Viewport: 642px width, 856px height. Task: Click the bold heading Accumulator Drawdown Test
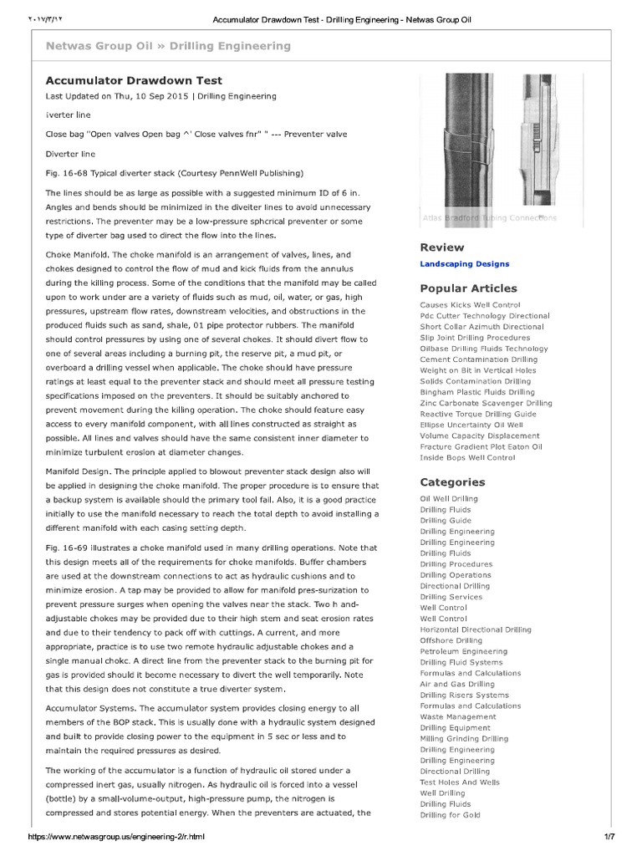tap(133, 81)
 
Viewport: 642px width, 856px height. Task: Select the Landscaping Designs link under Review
tap(464, 264)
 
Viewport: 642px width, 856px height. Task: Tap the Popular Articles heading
tap(468, 288)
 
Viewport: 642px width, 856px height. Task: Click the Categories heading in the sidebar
tap(452, 482)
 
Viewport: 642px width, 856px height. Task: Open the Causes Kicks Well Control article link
tap(470, 305)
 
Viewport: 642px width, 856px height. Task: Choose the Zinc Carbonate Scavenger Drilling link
tap(486, 403)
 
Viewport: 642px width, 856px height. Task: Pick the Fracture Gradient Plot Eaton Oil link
tap(481, 446)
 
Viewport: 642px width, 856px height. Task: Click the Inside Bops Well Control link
tap(467, 457)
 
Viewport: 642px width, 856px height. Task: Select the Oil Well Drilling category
tap(449, 499)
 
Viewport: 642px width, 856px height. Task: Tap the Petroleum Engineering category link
tap(463, 651)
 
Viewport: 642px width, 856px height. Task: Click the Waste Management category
tap(457, 716)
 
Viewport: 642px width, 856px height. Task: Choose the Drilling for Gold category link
tap(451, 815)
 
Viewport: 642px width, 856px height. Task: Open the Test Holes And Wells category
tap(460, 782)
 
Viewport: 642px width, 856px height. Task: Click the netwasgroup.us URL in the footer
tap(116, 837)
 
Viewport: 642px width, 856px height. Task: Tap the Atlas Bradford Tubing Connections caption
tap(489, 218)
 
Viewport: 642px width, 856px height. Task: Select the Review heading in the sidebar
tap(441, 247)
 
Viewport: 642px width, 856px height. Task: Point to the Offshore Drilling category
tap(451, 640)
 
